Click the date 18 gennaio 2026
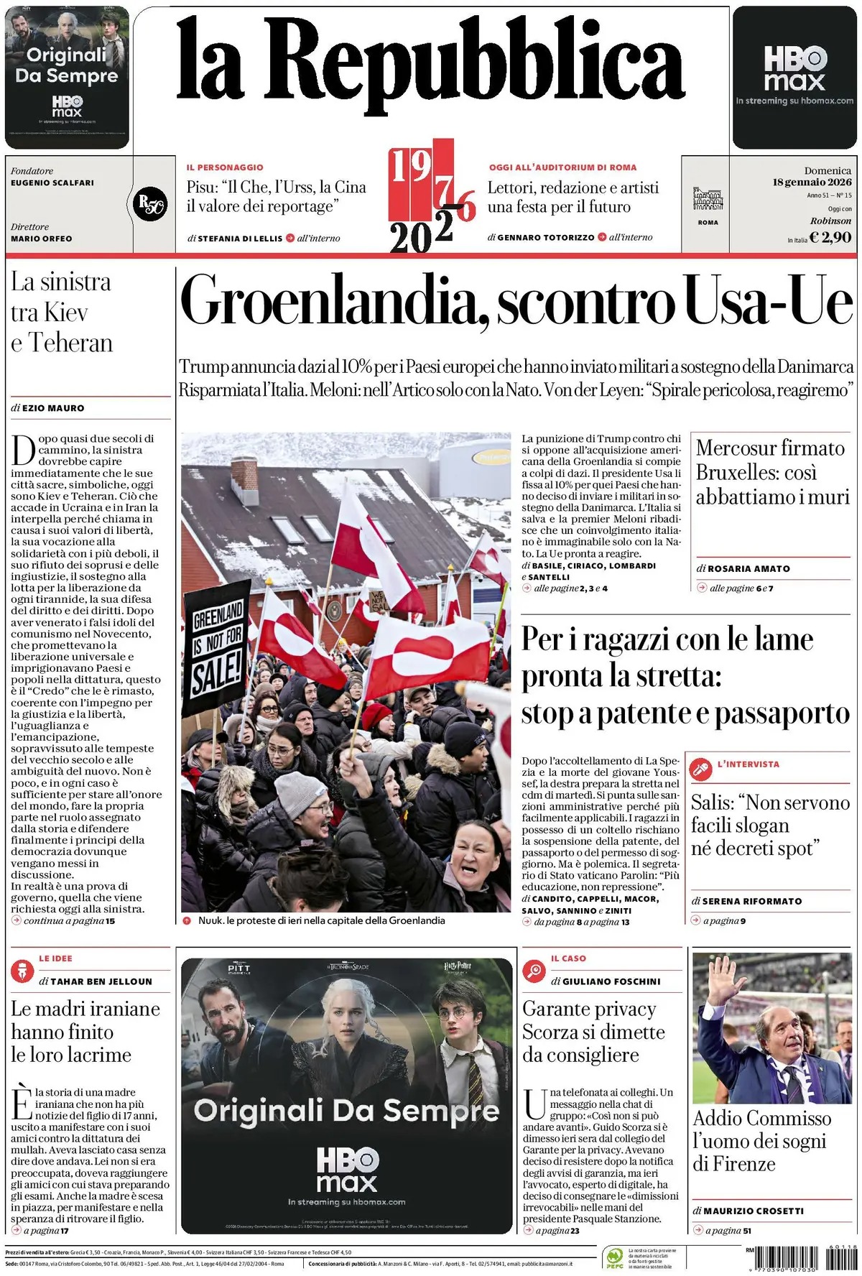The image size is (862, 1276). (x=812, y=182)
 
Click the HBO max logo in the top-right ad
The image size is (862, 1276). (x=794, y=69)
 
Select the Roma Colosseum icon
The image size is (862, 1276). (x=708, y=198)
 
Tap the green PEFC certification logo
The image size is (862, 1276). (x=614, y=1257)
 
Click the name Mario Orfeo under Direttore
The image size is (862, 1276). (x=42, y=239)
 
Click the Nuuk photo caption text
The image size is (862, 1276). (x=321, y=920)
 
